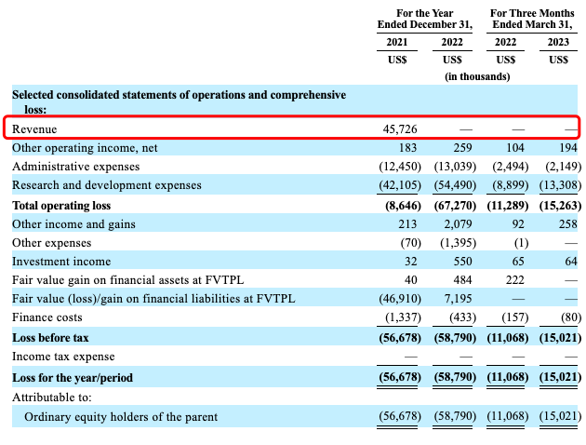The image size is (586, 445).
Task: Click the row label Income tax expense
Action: point(63,357)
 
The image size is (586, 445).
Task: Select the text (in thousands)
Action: point(477,76)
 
